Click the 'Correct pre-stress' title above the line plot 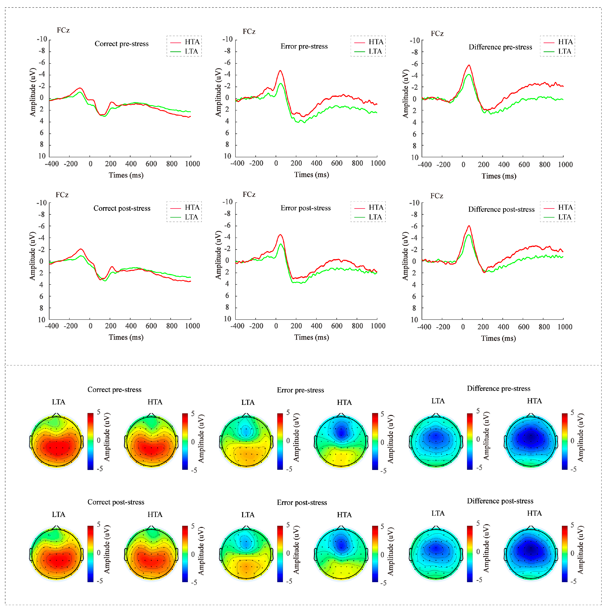pos(122,44)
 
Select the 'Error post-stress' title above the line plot pos(305,208)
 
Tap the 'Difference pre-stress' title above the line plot pos(500,47)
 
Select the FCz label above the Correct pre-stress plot pos(63,30)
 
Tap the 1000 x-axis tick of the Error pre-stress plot pos(378,163)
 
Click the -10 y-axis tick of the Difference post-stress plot pos(414,203)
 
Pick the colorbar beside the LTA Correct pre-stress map pos(90,441)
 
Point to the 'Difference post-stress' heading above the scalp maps pos(500,501)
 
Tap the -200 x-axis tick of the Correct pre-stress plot pos(71,164)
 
